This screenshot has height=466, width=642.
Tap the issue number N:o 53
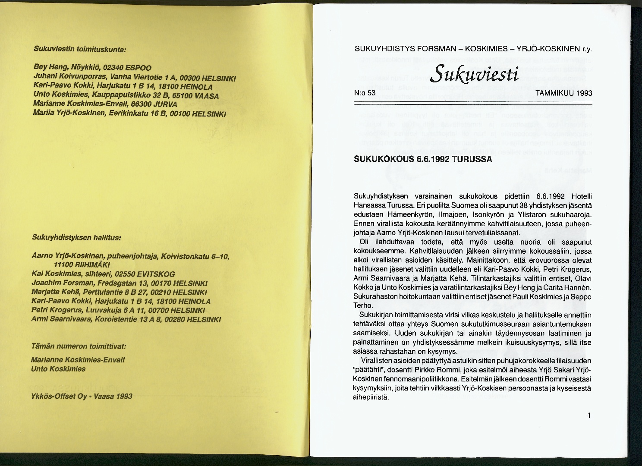365,93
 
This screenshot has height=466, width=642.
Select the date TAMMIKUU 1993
563,93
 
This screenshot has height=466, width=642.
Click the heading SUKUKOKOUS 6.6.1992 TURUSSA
423,159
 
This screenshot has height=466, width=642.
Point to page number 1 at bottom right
588,416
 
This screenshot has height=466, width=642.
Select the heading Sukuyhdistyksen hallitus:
76,237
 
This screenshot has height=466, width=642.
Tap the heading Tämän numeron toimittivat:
79,346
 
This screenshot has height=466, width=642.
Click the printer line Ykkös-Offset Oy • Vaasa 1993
82,396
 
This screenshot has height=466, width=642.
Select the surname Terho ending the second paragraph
363,305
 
